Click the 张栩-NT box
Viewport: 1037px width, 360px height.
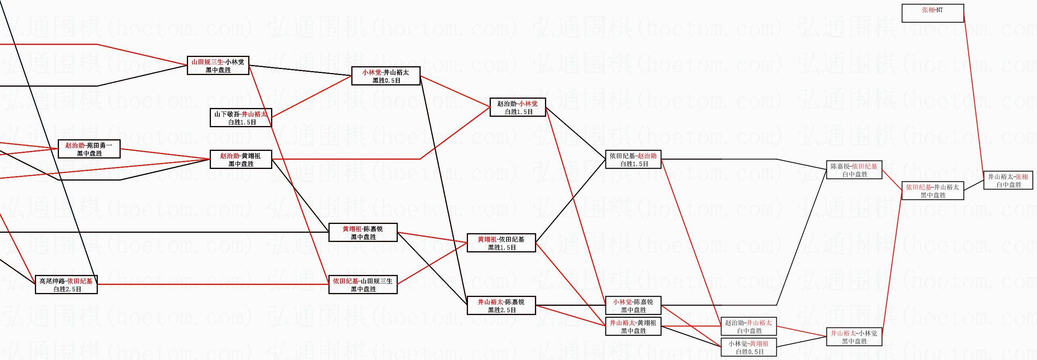(932, 13)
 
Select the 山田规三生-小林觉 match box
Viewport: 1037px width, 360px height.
(218, 65)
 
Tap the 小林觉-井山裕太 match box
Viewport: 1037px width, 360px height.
(386, 76)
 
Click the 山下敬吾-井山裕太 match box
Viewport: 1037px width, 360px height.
(241, 118)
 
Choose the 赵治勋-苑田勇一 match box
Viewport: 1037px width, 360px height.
(89, 149)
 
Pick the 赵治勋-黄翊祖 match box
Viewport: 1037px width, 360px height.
(241, 159)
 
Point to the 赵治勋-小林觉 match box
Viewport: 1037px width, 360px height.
(517, 107)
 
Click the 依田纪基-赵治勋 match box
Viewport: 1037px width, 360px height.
(633, 159)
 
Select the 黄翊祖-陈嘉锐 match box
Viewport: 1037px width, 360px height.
(363, 232)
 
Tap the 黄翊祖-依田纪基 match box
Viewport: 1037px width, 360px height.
(501, 243)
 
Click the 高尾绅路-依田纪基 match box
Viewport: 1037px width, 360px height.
(66, 285)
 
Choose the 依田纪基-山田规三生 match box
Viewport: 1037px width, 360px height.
(363, 285)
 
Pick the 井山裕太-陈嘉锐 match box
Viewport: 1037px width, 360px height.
(501, 305)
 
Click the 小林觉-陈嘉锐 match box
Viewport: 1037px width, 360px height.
(633, 305)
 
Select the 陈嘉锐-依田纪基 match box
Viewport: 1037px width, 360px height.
(854, 169)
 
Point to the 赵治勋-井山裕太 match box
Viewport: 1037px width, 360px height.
(748, 326)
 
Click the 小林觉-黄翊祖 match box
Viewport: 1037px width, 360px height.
(748, 347)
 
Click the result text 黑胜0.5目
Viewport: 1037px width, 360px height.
(386, 80)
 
